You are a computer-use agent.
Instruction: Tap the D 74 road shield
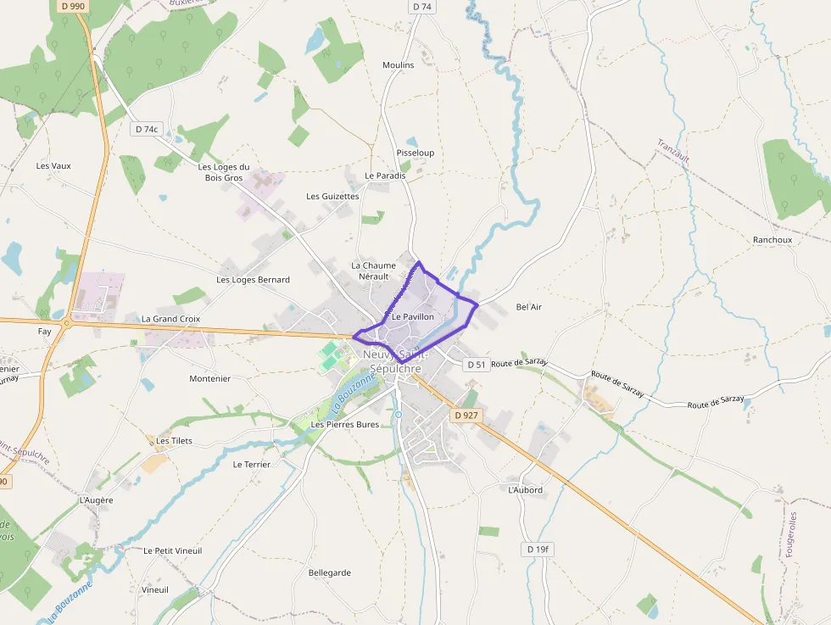pyautogui.click(x=421, y=7)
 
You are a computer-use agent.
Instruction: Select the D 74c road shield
pyautogui.click(x=147, y=130)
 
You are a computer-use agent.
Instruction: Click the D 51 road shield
pyautogui.click(x=477, y=365)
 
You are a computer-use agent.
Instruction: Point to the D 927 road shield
pyautogui.click(x=466, y=416)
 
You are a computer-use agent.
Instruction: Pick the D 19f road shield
pyautogui.click(x=538, y=550)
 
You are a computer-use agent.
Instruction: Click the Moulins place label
pyautogui.click(x=399, y=65)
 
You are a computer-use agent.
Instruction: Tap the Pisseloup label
pyautogui.click(x=415, y=153)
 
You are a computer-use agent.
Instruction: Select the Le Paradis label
pyautogui.click(x=385, y=176)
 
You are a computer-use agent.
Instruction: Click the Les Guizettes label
pyautogui.click(x=332, y=196)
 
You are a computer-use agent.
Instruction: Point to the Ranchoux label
pyautogui.click(x=772, y=240)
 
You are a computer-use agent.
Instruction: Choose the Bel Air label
pyautogui.click(x=528, y=307)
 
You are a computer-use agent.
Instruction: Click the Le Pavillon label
pyautogui.click(x=413, y=316)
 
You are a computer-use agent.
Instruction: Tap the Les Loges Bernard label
pyautogui.click(x=253, y=280)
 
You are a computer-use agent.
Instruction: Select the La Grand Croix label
pyautogui.click(x=170, y=319)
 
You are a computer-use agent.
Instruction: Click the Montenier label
pyautogui.click(x=209, y=379)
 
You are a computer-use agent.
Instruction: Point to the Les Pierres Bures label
pyautogui.click(x=345, y=424)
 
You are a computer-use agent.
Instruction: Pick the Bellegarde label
pyautogui.click(x=330, y=573)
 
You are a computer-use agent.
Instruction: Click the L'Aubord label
pyautogui.click(x=525, y=490)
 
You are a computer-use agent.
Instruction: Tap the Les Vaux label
pyautogui.click(x=53, y=166)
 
